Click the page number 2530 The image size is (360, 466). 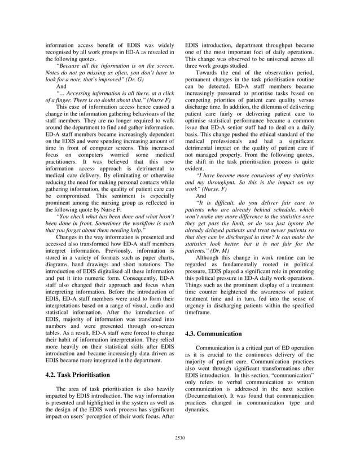(179, 437)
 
